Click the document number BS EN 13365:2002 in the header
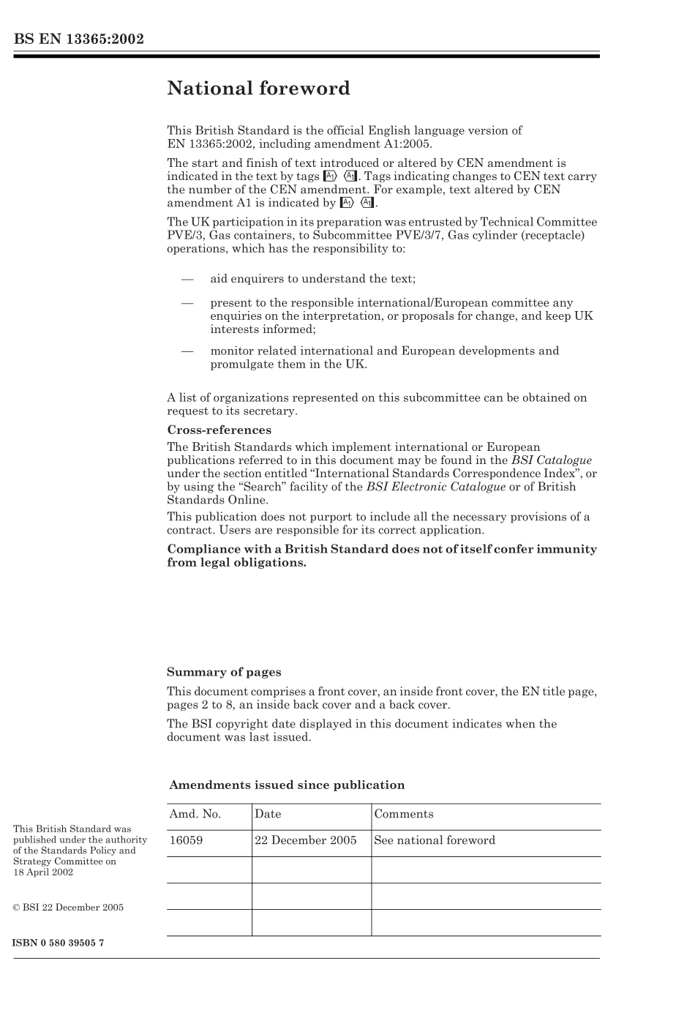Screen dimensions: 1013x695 coord(78,39)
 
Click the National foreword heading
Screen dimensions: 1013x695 coord(258,89)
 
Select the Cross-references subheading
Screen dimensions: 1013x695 coord(219,430)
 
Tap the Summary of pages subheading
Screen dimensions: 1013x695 coord(224,672)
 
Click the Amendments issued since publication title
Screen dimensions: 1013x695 coord(287,785)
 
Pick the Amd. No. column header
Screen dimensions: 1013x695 coord(195,814)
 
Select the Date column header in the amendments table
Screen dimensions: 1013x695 coord(268,814)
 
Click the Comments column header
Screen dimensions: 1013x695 coord(403,814)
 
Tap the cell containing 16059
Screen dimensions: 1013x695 coord(186,840)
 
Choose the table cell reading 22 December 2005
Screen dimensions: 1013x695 coord(306,840)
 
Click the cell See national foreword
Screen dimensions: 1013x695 coord(434,840)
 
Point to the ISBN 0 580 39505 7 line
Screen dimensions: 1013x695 coord(59,943)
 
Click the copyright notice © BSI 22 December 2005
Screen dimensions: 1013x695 coord(68,908)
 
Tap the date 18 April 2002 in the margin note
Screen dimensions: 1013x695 coord(43,872)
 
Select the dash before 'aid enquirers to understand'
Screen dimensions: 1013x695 coord(187,279)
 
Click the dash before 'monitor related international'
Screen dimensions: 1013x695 coord(187,351)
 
